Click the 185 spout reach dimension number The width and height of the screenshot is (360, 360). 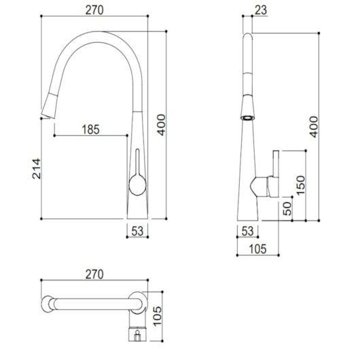coord(91,130)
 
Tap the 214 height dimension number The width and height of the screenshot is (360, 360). coord(36,168)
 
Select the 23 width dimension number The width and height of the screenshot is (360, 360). coord(261,10)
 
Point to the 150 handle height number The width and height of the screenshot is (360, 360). coord(300,185)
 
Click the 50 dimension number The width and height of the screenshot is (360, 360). coord(287,209)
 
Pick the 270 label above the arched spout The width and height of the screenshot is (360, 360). coord(94,10)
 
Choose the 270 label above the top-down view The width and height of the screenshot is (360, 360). coord(94,274)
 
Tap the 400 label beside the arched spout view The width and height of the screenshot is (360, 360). coord(162,125)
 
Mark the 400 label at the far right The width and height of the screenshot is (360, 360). coord(314,127)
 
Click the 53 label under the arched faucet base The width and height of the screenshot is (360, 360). coord(137,231)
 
